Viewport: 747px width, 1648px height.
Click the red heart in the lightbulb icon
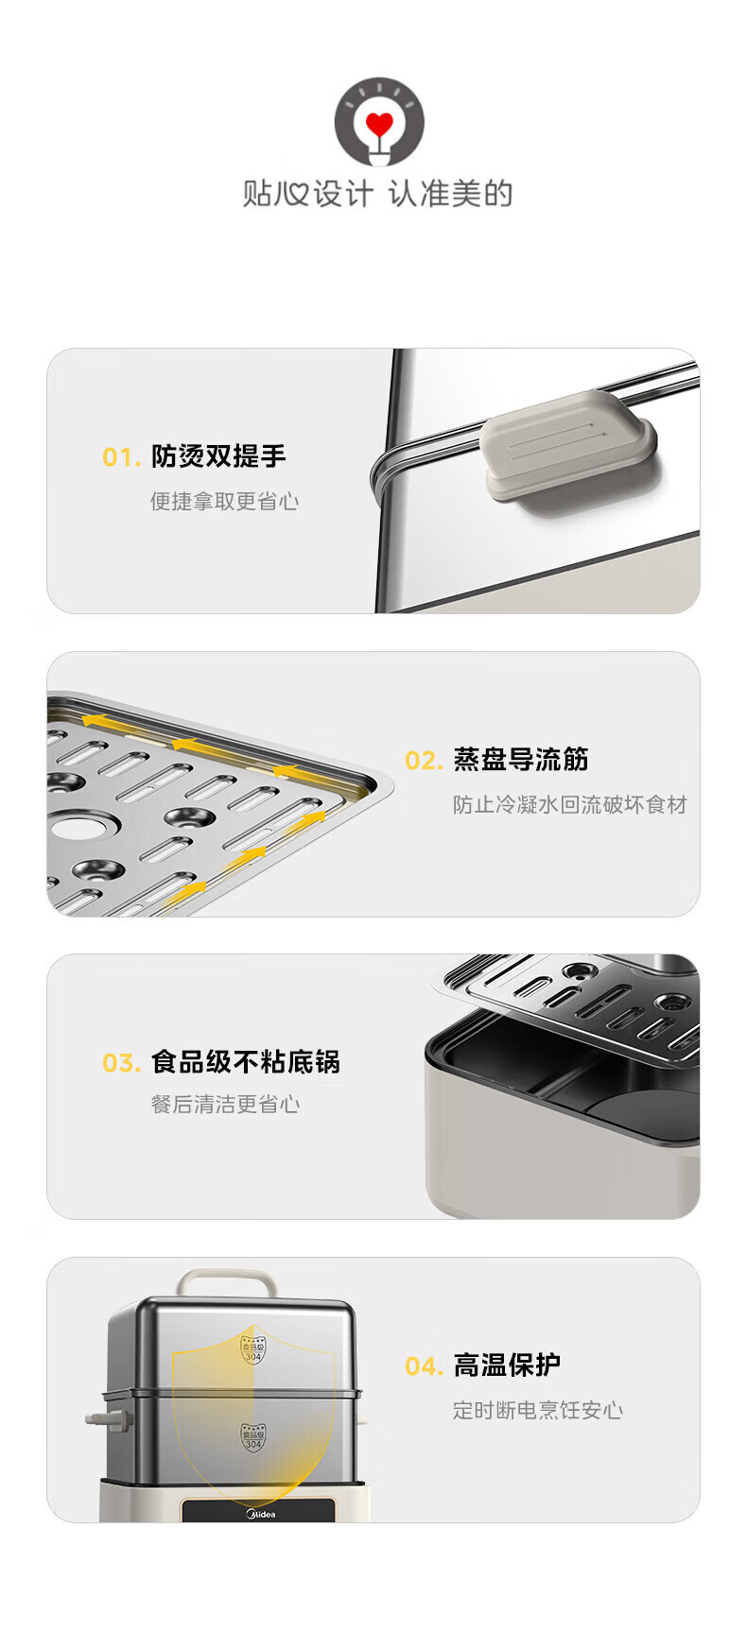tap(379, 124)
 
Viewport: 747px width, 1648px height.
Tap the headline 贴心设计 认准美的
tap(377, 194)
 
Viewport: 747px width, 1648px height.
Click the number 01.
tap(121, 457)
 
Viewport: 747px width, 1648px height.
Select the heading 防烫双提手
tap(218, 456)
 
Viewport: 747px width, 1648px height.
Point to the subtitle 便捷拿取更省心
tap(225, 501)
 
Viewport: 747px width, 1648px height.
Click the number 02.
tap(424, 761)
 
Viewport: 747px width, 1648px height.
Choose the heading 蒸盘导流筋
tap(521, 760)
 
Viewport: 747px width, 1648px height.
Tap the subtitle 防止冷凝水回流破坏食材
tap(569, 804)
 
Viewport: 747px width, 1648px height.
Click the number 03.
tap(121, 1063)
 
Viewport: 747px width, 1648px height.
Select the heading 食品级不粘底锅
tap(246, 1062)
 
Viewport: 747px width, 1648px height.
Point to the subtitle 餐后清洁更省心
tap(225, 1104)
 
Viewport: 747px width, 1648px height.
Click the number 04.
tap(424, 1366)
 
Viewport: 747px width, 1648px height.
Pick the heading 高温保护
tap(508, 1365)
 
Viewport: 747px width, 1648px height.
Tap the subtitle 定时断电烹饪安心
tap(538, 1410)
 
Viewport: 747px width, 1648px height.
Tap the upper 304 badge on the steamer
tap(252, 1348)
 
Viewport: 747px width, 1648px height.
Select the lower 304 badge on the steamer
tap(252, 1437)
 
